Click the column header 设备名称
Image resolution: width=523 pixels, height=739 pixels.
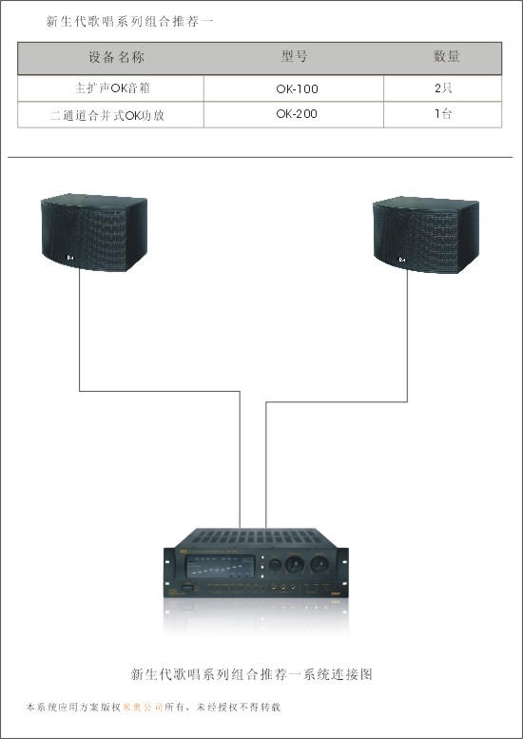[116, 57]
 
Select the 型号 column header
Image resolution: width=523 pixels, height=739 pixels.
[294, 56]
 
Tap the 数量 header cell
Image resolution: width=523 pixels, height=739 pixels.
[446, 56]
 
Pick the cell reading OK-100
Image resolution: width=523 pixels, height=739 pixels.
[297, 88]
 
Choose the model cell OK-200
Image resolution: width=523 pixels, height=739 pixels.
[297, 113]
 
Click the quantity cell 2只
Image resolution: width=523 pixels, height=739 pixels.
[443, 88]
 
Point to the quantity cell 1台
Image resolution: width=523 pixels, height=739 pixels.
[443, 113]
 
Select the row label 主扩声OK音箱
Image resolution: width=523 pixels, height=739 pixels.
[112, 88]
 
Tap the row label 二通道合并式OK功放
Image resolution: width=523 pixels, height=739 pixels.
[107, 115]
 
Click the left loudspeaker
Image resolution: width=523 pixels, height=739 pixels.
[94, 232]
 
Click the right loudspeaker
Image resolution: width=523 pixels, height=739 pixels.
[426, 235]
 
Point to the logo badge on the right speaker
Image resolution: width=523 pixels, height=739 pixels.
[402, 260]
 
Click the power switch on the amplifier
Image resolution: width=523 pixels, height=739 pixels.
[187, 588]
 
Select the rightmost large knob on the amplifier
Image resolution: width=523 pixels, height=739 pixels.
[319, 564]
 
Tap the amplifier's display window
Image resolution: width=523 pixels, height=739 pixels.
[220, 567]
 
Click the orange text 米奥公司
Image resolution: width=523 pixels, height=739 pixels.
[143, 707]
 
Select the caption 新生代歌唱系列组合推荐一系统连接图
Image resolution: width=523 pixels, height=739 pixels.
[251, 674]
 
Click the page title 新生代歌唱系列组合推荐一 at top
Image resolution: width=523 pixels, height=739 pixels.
[129, 21]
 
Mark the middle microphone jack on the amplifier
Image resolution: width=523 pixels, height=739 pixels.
[283, 588]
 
